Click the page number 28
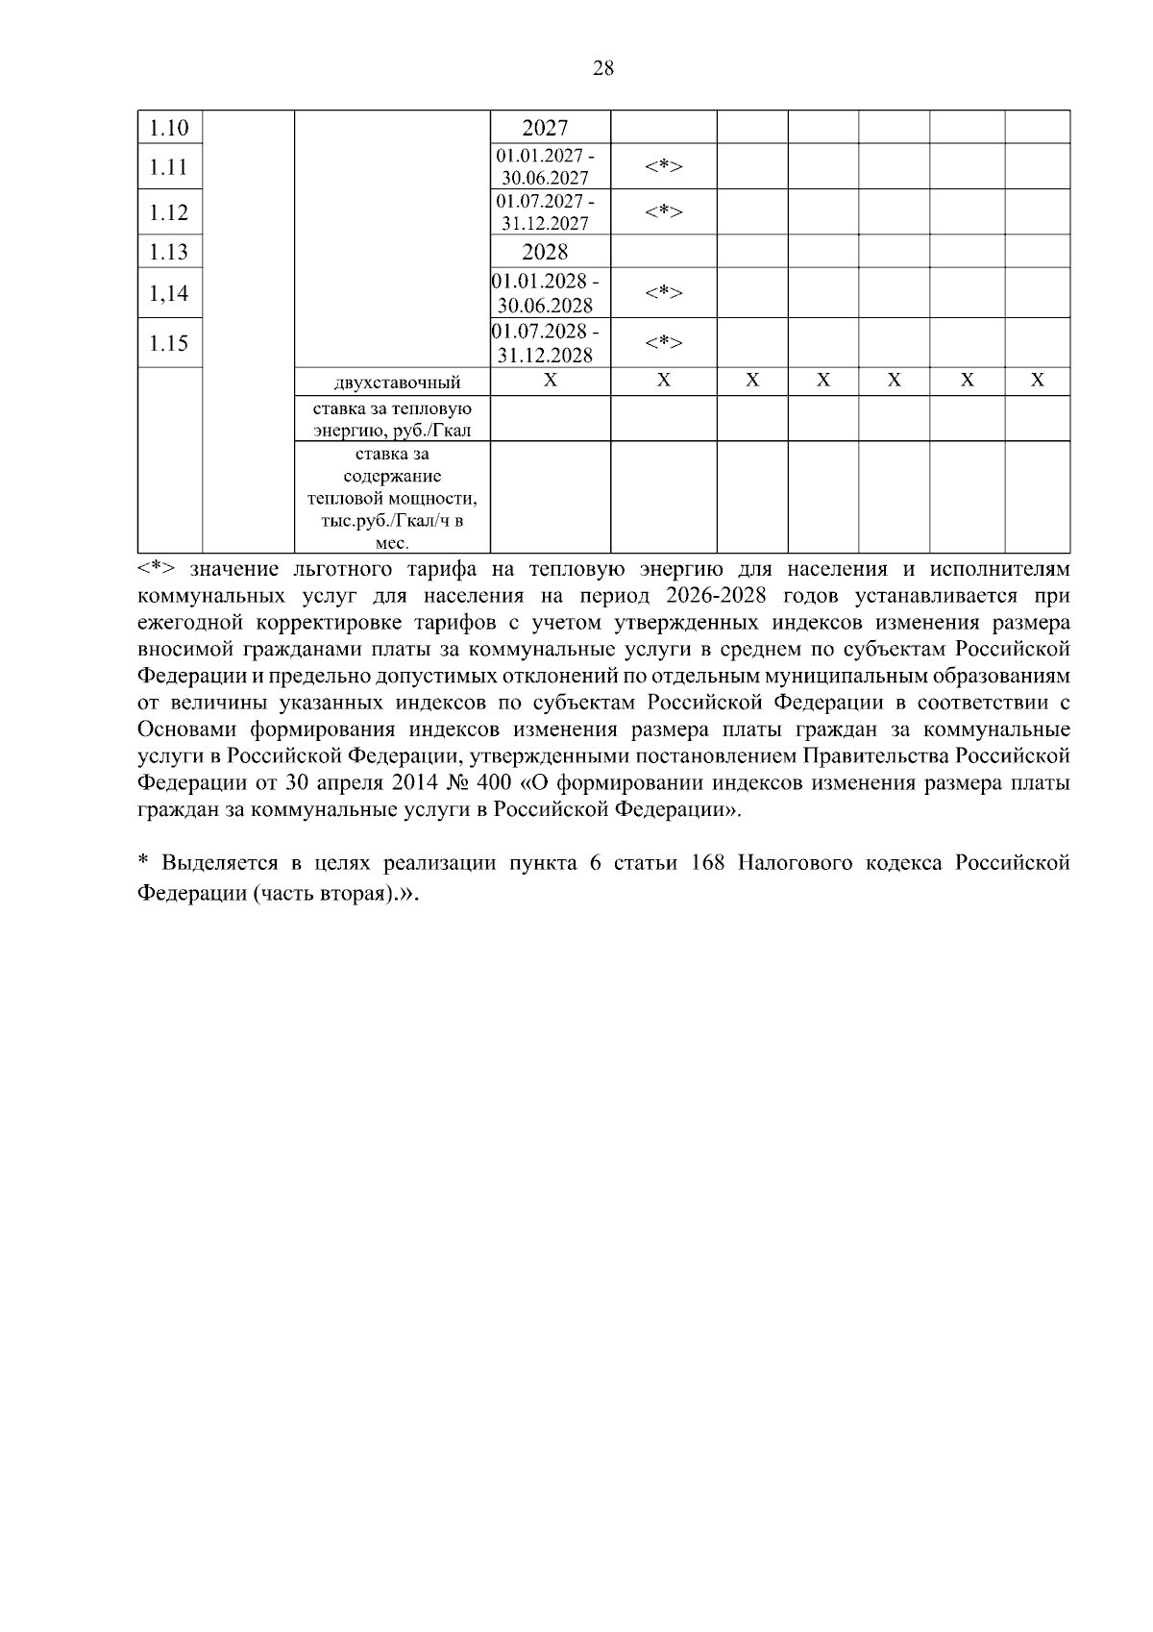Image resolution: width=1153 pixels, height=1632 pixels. coord(603,68)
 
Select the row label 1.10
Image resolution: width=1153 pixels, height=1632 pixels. coord(169,128)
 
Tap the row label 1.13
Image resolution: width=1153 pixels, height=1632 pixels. coord(169,252)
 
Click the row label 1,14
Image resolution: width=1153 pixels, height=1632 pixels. coord(169,293)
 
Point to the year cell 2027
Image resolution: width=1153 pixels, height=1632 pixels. coord(545,128)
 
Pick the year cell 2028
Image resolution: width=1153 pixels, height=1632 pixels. coord(545,252)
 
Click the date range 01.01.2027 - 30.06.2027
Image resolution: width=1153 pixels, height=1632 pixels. coord(545,166)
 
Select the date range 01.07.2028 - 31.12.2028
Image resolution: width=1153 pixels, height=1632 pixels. coord(545,343)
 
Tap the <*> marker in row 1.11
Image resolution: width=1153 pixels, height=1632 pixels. coord(663,166)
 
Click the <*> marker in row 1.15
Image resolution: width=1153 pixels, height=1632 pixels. coord(663,343)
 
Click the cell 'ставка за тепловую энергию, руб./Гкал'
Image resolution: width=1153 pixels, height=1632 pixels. coord(392,419)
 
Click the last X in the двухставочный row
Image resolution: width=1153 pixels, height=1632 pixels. coord(1037,381)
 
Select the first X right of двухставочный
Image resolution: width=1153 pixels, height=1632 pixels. coord(550,381)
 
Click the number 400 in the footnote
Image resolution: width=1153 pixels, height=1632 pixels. coord(493,782)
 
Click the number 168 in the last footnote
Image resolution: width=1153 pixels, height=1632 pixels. coord(708,862)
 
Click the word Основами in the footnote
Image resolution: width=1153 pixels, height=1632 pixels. coord(186,729)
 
